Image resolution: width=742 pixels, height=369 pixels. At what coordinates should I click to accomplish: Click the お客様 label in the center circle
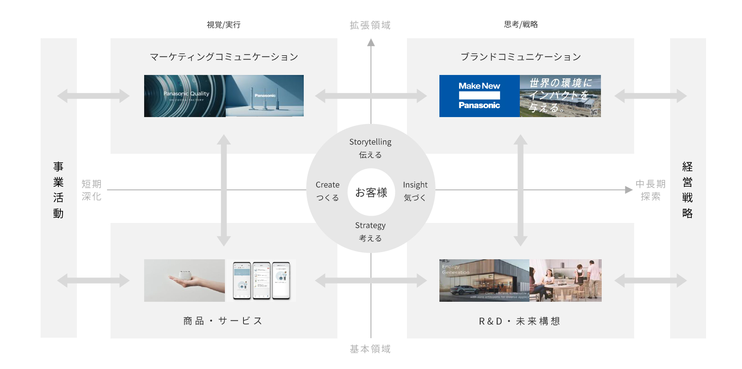click(x=371, y=192)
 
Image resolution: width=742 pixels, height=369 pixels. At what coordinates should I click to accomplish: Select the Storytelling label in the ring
click(x=370, y=142)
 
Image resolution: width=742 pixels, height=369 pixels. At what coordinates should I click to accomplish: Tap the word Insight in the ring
click(x=415, y=185)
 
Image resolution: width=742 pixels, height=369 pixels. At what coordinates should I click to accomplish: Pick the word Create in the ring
click(x=327, y=185)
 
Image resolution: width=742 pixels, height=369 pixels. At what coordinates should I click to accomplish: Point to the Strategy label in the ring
click(x=370, y=225)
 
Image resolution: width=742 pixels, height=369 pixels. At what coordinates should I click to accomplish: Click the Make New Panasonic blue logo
click(x=479, y=96)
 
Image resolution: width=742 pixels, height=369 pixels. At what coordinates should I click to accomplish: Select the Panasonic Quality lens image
click(x=185, y=96)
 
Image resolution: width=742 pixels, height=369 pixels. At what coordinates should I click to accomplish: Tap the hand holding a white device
click(x=184, y=281)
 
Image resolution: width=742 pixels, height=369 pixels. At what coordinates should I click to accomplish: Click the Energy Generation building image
click(x=484, y=281)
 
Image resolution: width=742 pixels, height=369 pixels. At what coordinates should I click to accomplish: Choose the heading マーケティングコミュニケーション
click(x=224, y=57)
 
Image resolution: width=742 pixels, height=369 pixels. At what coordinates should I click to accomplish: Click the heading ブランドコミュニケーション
click(x=521, y=57)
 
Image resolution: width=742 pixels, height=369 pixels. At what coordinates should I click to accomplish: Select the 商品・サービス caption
click(x=223, y=321)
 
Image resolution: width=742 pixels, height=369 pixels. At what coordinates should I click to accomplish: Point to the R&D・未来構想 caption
click(x=519, y=321)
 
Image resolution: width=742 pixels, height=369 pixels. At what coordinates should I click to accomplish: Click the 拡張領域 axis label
click(x=370, y=25)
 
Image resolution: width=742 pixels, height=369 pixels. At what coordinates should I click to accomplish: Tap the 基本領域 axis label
click(x=370, y=349)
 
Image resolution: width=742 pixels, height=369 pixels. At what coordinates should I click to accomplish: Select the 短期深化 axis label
click(x=92, y=190)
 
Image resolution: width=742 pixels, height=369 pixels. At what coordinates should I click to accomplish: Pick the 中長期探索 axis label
click(x=650, y=190)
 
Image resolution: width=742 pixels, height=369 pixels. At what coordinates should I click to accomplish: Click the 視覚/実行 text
click(x=223, y=25)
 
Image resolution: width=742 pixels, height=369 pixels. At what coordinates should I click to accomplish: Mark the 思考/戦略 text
click(x=521, y=24)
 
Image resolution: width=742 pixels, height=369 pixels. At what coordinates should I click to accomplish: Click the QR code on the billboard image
click(x=594, y=112)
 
